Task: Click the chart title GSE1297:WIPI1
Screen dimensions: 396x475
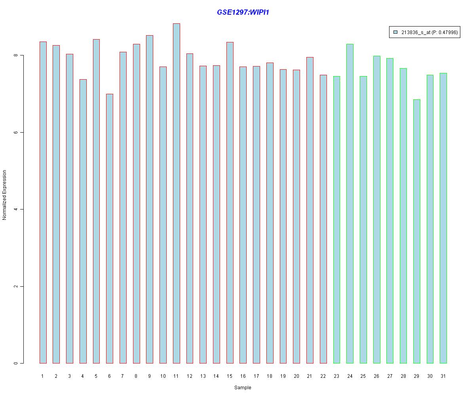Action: click(x=243, y=12)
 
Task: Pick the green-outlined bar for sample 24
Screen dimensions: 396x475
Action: click(x=350, y=204)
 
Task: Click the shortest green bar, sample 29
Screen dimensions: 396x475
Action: click(x=416, y=231)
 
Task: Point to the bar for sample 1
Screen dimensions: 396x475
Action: click(x=43, y=202)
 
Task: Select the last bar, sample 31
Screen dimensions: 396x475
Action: click(x=443, y=218)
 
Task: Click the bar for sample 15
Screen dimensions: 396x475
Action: click(x=230, y=202)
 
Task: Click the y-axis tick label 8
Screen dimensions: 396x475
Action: click(x=16, y=55)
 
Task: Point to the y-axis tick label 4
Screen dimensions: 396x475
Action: click(x=16, y=209)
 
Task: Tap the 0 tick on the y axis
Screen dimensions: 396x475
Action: click(x=16, y=363)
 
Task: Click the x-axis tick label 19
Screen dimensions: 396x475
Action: click(x=283, y=376)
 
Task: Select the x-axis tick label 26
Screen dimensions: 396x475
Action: click(x=376, y=376)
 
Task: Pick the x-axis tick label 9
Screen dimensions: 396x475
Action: click(x=150, y=376)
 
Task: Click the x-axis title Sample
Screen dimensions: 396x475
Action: click(x=243, y=388)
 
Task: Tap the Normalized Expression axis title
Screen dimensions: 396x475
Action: click(x=5, y=195)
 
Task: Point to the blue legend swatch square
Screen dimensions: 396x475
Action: click(x=395, y=32)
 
